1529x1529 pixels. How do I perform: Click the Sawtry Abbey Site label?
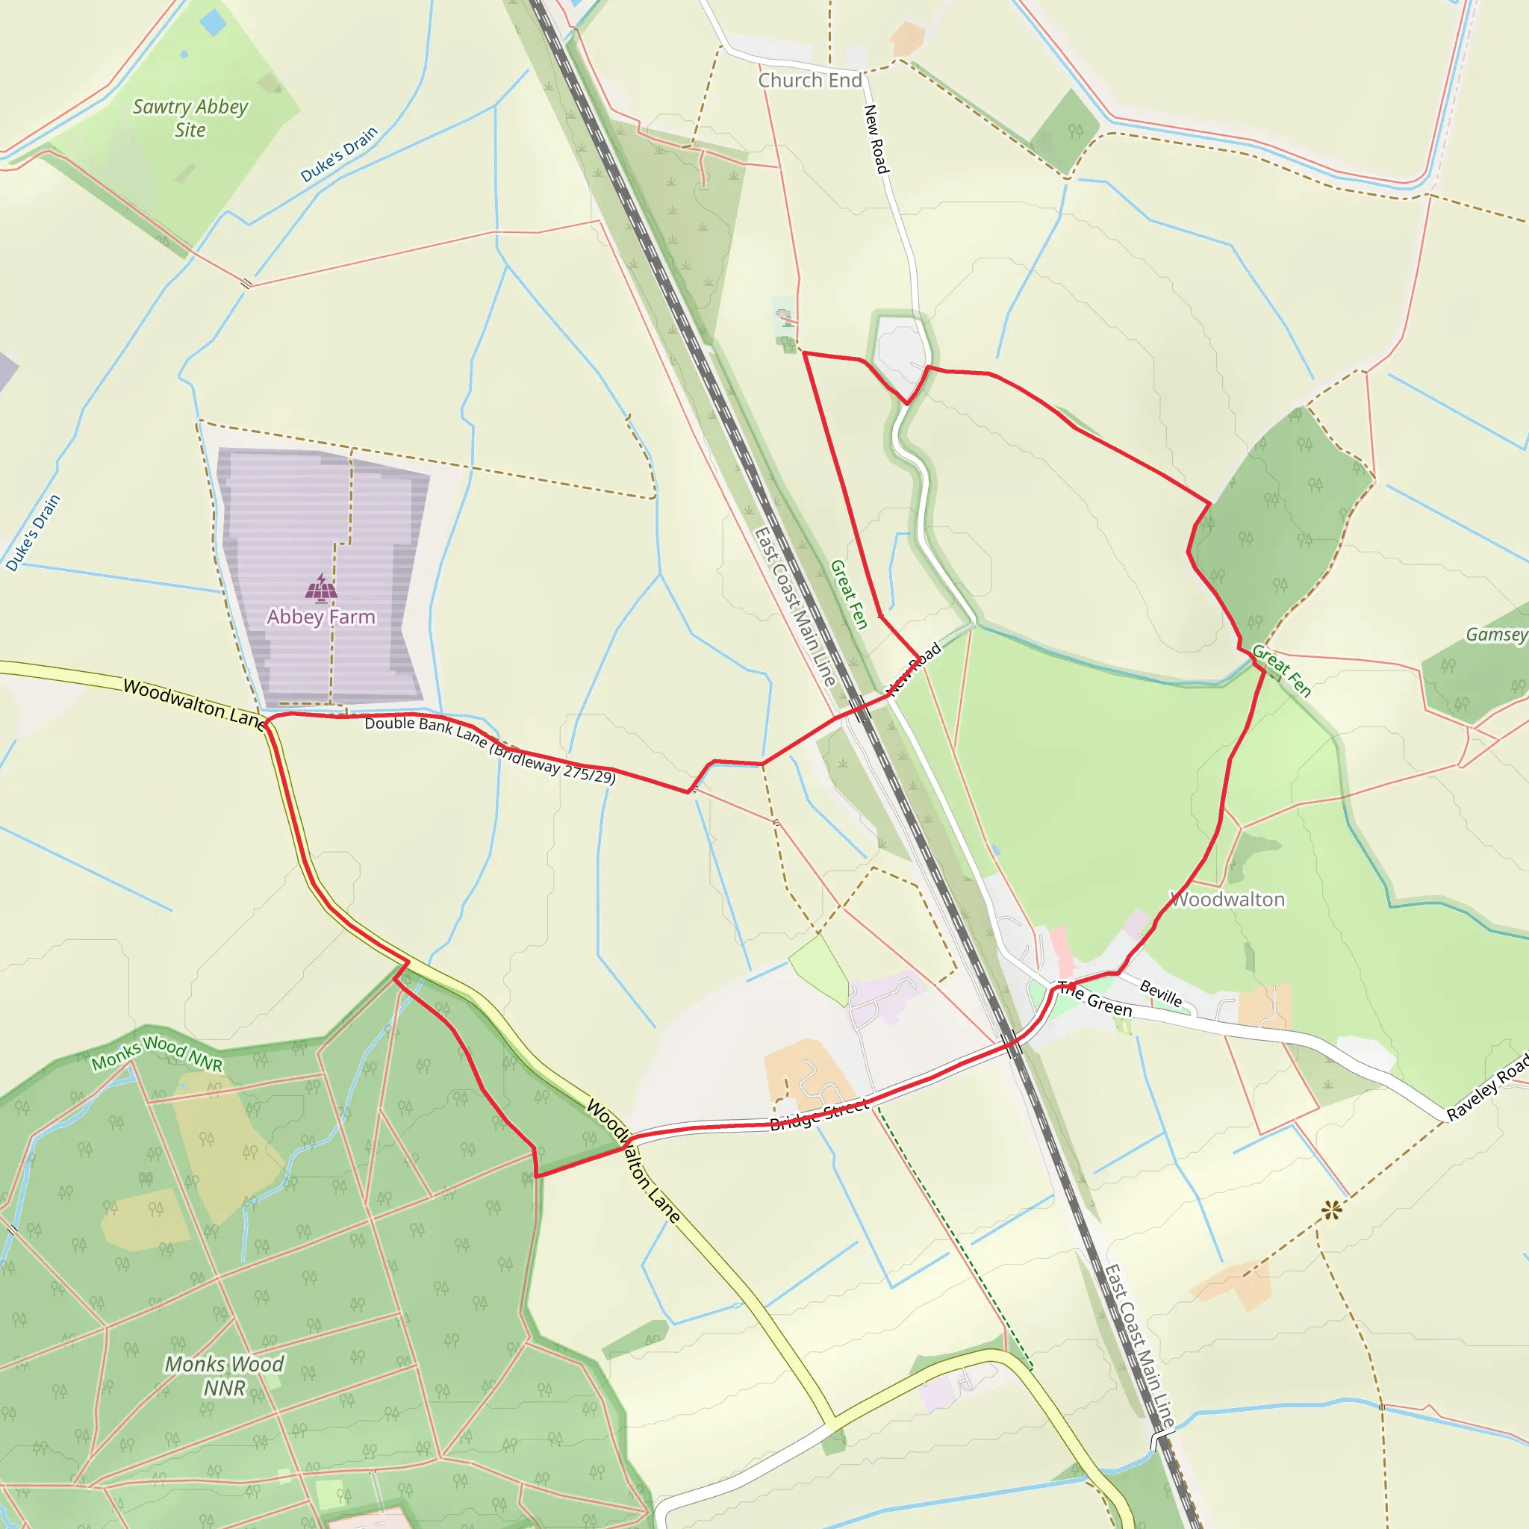tap(190, 118)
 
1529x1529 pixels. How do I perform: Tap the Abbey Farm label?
tap(320, 617)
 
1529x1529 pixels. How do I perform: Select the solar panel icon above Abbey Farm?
tap(321, 588)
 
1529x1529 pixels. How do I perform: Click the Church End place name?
tap(809, 80)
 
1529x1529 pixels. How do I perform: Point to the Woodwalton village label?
tap(1227, 899)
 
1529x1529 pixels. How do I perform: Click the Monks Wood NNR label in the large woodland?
tap(224, 1375)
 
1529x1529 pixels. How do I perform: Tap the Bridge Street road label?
tap(819, 1113)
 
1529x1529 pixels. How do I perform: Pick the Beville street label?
tap(1161, 992)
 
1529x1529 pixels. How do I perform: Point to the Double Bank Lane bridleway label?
tap(489, 749)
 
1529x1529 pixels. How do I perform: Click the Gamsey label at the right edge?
tap(1495, 635)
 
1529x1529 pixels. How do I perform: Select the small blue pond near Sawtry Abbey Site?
tap(213, 22)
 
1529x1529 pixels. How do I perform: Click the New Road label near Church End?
tap(876, 140)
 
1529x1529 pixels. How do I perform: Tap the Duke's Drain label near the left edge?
tap(34, 532)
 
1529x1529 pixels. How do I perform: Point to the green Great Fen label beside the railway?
tap(849, 594)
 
